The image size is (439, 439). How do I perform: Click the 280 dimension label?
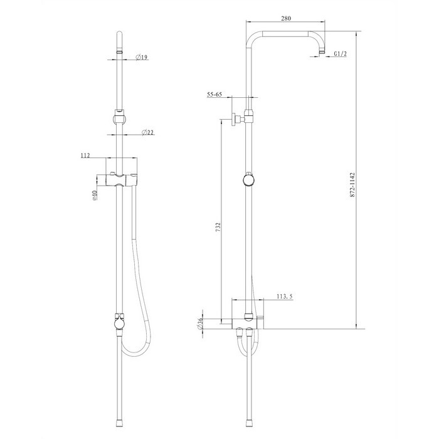286,18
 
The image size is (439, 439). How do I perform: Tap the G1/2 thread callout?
340,54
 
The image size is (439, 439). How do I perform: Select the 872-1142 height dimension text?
352,185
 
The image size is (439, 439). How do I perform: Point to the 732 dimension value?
218,227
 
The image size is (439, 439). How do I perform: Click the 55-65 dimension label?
214,94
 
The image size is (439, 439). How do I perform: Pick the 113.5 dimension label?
285,296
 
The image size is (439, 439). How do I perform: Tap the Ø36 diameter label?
200,324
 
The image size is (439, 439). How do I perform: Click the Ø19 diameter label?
142,58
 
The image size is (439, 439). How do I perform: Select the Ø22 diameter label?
148,132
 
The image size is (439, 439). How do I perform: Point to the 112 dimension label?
85,156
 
